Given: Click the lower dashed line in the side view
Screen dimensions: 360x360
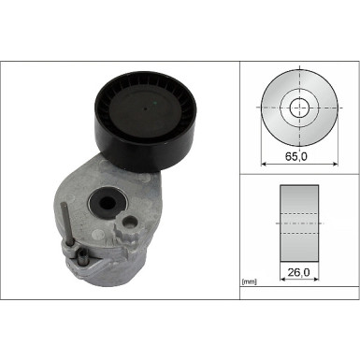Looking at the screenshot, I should [x=299, y=233].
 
